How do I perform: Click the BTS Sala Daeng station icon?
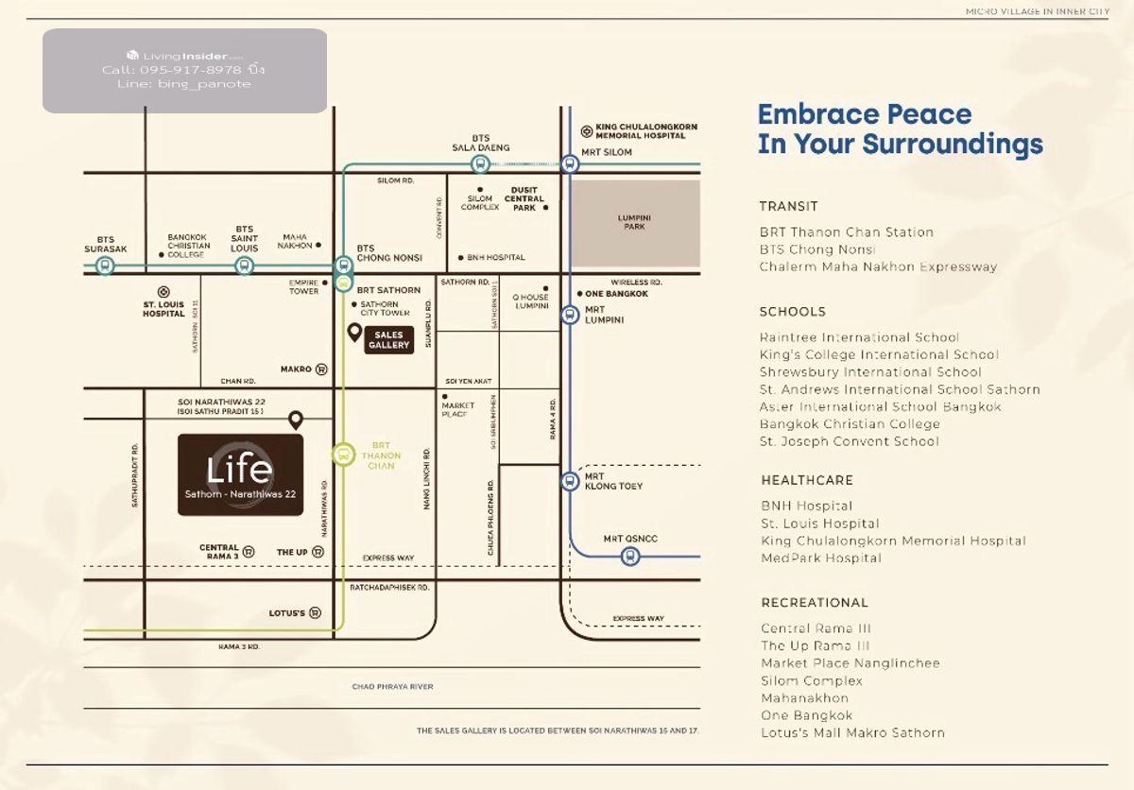click(x=480, y=164)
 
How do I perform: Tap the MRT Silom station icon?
click(x=569, y=163)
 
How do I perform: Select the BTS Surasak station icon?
click(x=105, y=266)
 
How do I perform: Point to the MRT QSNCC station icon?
click(x=629, y=557)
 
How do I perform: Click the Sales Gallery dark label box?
click(x=388, y=340)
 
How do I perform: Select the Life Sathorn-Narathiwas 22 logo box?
click(x=240, y=474)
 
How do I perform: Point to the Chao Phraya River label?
click(x=392, y=687)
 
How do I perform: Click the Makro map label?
click(x=296, y=369)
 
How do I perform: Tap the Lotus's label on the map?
click(x=287, y=613)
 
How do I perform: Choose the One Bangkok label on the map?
click(x=616, y=294)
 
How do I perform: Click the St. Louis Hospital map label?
click(x=163, y=309)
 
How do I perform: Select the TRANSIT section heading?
click(x=788, y=206)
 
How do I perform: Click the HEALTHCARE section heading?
click(x=806, y=480)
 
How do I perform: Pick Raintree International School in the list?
click(x=859, y=337)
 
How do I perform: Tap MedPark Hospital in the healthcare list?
click(x=820, y=558)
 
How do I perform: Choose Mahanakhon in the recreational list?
click(x=804, y=698)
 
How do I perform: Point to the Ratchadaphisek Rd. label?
click(x=389, y=587)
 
